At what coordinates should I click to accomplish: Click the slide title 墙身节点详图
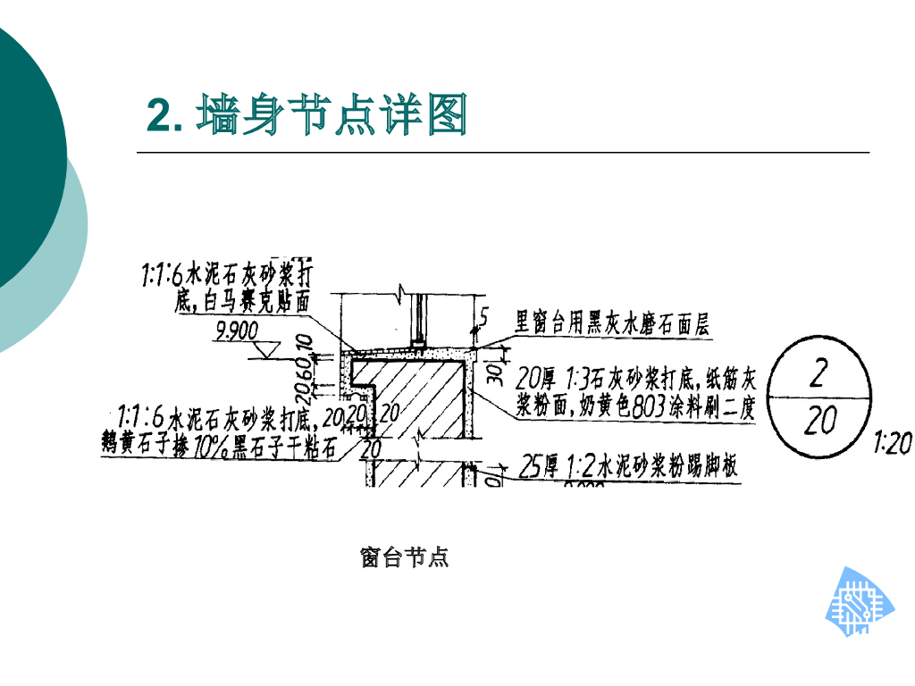[332, 115]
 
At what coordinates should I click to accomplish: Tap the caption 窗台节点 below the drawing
[404, 558]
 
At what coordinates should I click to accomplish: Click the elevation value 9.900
[237, 332]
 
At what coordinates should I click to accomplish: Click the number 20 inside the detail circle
[818, 420]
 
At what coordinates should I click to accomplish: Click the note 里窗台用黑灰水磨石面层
[613, 322]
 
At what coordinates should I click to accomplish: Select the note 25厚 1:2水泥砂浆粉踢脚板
[629, 467]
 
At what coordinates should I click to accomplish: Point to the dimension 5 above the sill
[483, 315]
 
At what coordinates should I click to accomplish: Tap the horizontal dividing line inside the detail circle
[818, 396]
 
